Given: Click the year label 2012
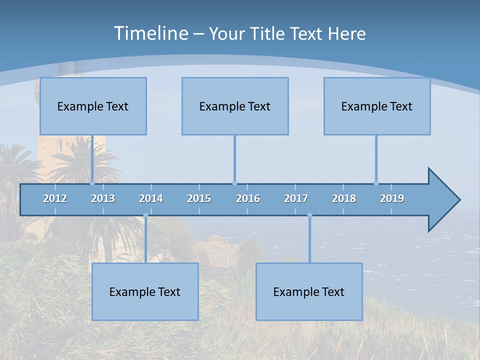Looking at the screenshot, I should (55, 198).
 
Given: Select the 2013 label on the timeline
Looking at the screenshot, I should (103, 198).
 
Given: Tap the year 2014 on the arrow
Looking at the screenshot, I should (151, 198).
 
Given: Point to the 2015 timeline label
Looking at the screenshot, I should (199, 198).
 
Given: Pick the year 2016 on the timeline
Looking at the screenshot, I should (248, 198).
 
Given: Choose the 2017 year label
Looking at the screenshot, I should (296, 198).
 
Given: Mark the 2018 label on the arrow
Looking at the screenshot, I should (344, 198).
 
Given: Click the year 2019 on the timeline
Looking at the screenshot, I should (392, 198).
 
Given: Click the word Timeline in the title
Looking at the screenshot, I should (150, 33).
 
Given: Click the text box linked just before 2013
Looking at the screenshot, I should (93, 106).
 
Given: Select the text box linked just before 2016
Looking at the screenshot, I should (235, 106).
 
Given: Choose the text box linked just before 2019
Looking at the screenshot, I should (377, 106).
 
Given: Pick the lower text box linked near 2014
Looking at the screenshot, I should (145, 291).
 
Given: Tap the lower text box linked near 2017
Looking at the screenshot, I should (309, 291).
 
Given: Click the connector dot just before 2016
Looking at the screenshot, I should (234, 183).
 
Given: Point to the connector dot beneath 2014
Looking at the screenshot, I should (145, 215).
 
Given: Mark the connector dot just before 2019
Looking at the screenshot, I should (376, 183).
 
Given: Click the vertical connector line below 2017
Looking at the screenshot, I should (309, 240).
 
